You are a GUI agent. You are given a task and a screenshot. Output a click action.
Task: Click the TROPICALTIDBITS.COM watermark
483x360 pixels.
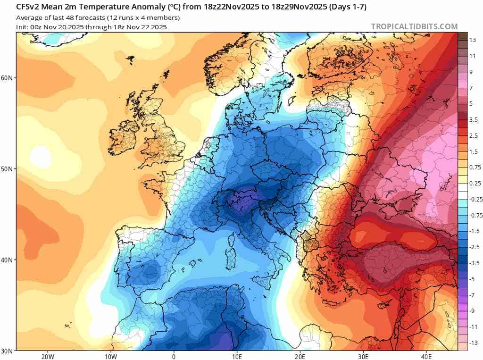coord(414,26)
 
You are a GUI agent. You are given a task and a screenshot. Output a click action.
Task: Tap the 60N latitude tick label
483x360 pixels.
coord(7,78)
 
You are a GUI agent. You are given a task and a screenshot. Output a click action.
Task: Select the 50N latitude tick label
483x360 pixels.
coord(7,169)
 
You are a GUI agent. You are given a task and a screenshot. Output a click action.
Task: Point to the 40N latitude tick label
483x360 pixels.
coord(7,260)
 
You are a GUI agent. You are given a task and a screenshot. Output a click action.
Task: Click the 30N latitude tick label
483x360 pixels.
coord(7,351)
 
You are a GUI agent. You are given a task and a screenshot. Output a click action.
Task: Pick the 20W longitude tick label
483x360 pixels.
coord(48,357)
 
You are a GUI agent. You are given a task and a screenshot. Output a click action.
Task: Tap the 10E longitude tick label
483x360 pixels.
coord(237,357)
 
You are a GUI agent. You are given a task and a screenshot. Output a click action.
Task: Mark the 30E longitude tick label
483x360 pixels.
coord(363,357)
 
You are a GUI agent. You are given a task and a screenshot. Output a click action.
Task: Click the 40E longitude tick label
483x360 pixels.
coord(426,357)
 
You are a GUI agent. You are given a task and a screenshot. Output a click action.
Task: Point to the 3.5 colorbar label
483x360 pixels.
coord(474,119)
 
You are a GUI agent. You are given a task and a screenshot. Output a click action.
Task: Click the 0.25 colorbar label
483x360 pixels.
coord(475,184)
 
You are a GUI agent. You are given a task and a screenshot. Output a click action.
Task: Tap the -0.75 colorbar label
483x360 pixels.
coord(476,215)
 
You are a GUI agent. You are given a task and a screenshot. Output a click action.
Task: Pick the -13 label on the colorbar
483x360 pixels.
coord(474,343)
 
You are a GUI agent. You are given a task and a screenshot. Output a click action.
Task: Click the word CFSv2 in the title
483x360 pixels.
coord(27,7)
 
